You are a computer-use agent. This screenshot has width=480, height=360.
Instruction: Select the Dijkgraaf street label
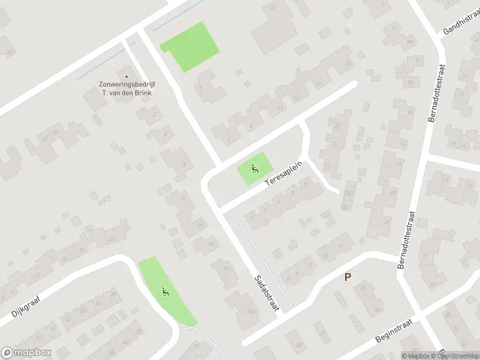[x=24, y=304]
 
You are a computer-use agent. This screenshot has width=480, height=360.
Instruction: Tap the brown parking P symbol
[x=347, y=277]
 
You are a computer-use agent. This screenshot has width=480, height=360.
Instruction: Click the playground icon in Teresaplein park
[x=255, y=169]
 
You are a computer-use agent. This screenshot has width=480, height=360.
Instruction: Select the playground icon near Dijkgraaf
[x=166, y=292]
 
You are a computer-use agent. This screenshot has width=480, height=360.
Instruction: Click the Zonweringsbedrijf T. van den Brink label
[x=127, y=88]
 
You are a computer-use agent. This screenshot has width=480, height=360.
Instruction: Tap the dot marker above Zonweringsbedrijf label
[x=127, y=77]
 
